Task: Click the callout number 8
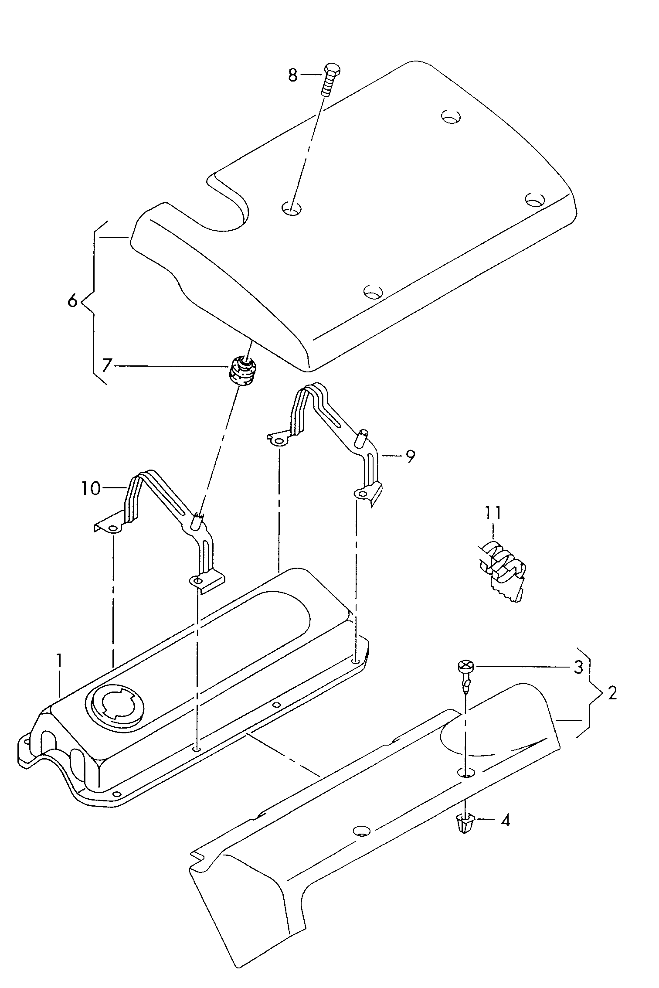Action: coord(292,75)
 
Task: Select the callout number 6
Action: coord(73,301)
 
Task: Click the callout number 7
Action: coord(107,365)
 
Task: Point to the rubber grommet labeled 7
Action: coord(244,370)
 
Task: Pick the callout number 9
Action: coord(410,456)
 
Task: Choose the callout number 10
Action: coord(91,488)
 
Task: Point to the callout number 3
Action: coord(578,667)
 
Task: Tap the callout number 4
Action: coord(505,821)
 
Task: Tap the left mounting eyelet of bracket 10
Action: coord(113,529)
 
